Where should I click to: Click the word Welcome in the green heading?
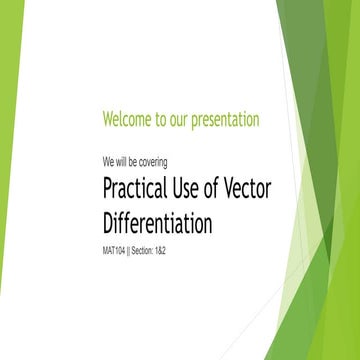point(126,120)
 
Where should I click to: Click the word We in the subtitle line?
point(108,160)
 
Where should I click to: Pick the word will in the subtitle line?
point(122,160)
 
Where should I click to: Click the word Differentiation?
point(157,222)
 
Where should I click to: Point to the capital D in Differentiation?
point(109,222)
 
